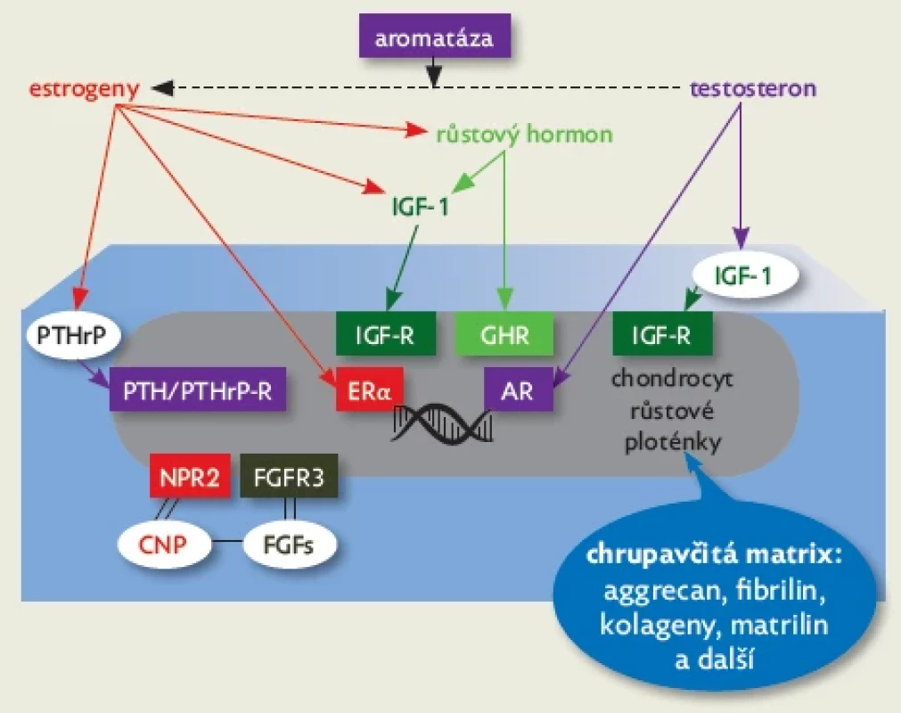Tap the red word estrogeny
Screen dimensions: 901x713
point(85,89)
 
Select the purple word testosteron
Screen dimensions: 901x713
point(753,88)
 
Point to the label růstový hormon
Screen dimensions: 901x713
point(525,135)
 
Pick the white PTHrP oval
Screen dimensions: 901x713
point(72,335)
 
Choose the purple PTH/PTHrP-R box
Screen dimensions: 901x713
point(198,390)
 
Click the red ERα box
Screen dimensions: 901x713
point(370,390)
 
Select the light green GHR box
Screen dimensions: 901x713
point(504,334)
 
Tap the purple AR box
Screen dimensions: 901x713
point(518,390)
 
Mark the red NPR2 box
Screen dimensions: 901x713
point(190,476)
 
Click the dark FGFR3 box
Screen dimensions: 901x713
point(289,476)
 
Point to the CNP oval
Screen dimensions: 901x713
point(163,543)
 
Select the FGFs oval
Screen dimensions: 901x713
point(289,543)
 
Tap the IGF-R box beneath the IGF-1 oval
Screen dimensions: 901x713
point(662,334)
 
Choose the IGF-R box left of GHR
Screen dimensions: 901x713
point(386,334)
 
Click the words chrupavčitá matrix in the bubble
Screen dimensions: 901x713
point(715,555)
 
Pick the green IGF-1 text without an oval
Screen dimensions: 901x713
point(420,207)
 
